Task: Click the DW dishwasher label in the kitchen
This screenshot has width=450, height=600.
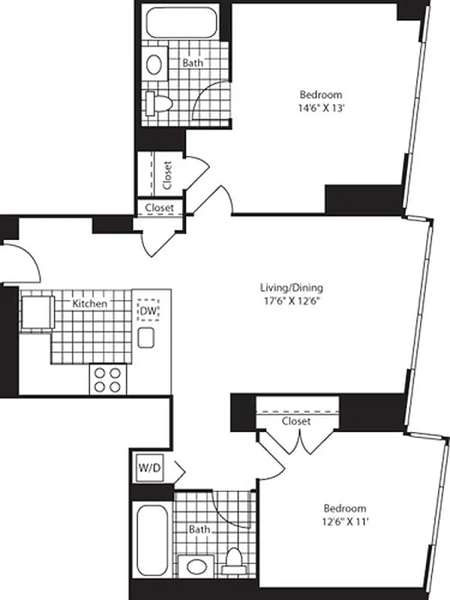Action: (148, 310)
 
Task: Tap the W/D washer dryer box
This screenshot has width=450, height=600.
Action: (147, 469)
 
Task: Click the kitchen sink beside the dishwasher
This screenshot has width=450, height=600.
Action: (146, 337)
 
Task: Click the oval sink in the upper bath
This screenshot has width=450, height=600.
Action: (154, 64)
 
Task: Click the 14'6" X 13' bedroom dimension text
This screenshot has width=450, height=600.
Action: (321, 108)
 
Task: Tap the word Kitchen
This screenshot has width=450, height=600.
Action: (89, 304)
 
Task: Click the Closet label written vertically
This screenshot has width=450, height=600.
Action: (167, 175)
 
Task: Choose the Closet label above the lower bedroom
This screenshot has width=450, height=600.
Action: (296, 421)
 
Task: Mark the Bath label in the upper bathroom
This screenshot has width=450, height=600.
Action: (193, 64)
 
